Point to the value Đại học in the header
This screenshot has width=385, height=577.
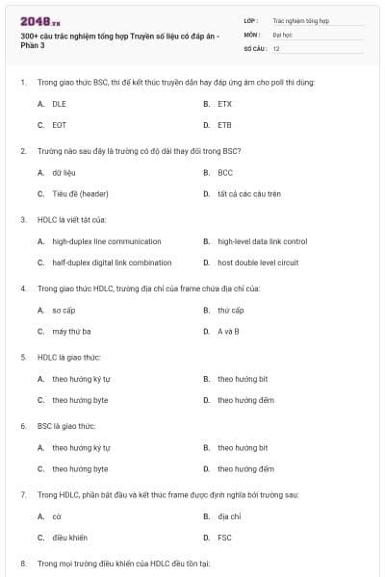[x=282, y=34]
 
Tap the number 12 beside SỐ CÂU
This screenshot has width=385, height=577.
[x=276, y=47]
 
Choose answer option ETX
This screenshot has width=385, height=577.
[x=224, y=103]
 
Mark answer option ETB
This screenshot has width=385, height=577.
[x=224, y=124]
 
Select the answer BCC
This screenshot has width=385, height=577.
[x=225, y=172]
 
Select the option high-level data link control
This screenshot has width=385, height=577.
[x=262, y=241]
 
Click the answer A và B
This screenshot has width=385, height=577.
[x=228, y=331]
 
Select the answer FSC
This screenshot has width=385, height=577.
[x=224, y=538]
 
